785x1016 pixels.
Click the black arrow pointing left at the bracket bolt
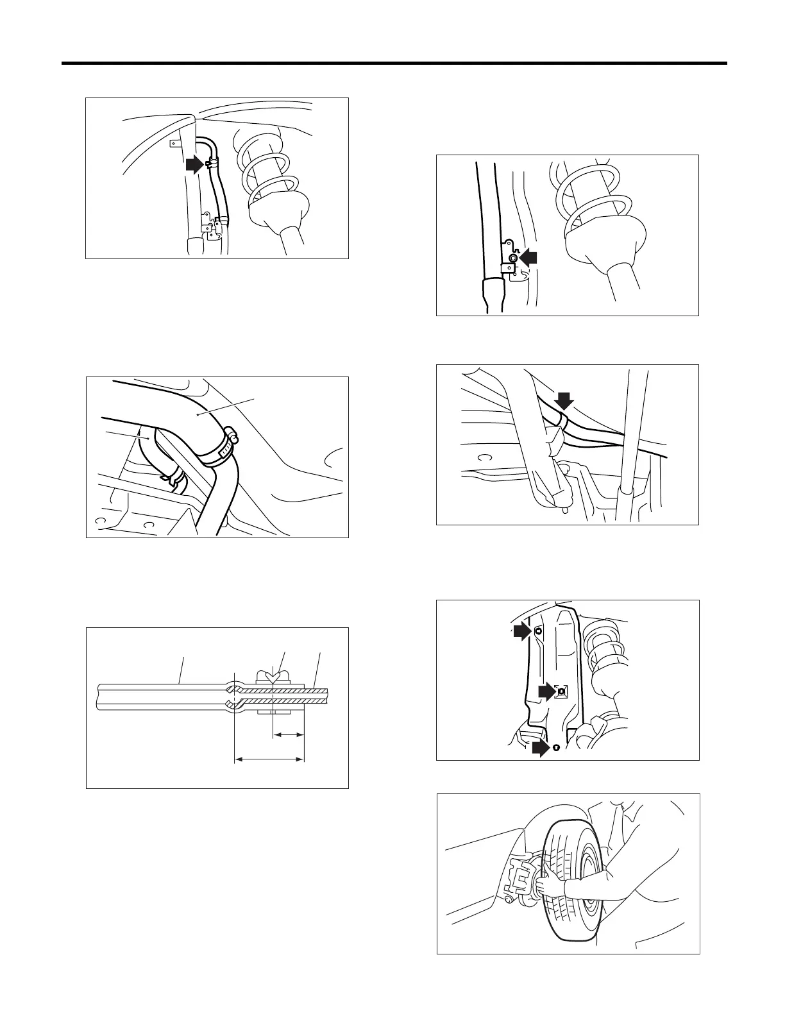(x=529, y=257)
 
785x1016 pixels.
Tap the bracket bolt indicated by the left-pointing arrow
(x=512, y=257)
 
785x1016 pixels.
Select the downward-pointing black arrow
(x=564, y=401)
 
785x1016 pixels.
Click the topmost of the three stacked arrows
(x=522, y=632)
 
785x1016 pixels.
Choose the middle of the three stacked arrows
(x=546, y=691)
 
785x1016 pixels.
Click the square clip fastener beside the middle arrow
(x=561, y=692)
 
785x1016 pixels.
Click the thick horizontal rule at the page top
(x=394, y=63)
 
